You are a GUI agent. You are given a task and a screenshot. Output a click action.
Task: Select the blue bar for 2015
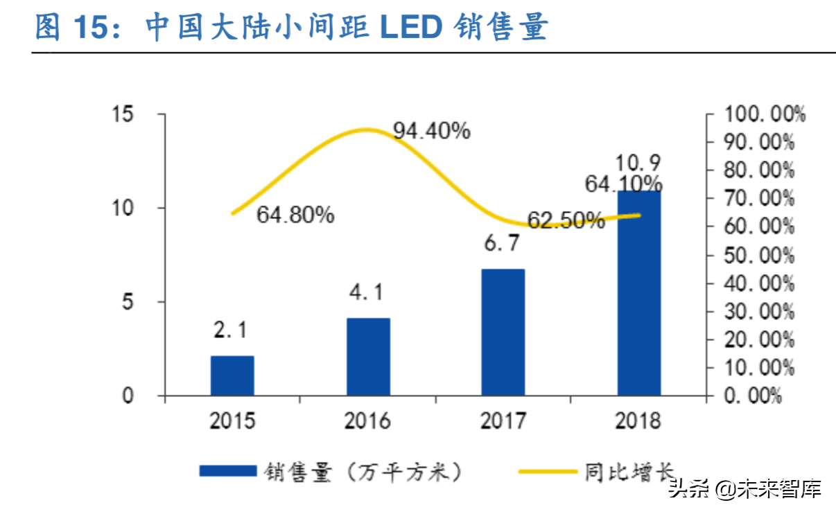232,375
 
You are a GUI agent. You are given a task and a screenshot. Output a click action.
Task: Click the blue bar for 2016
368,357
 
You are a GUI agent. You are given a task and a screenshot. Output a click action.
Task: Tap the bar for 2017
503,332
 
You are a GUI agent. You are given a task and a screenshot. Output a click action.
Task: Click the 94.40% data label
431,130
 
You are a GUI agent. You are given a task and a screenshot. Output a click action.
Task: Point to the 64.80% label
295,215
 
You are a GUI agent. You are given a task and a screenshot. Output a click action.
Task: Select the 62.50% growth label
565,220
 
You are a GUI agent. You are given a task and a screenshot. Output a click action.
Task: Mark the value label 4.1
367,294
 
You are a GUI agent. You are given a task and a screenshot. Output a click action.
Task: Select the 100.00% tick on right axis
765,114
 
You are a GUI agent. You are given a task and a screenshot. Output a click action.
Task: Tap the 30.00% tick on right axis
760,312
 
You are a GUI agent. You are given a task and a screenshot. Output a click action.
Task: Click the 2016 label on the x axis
367,420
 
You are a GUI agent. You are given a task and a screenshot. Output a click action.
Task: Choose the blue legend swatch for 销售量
227,471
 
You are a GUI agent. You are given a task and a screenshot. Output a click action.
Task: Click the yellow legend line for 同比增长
548,471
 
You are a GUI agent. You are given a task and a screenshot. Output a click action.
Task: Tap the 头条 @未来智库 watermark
744,489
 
